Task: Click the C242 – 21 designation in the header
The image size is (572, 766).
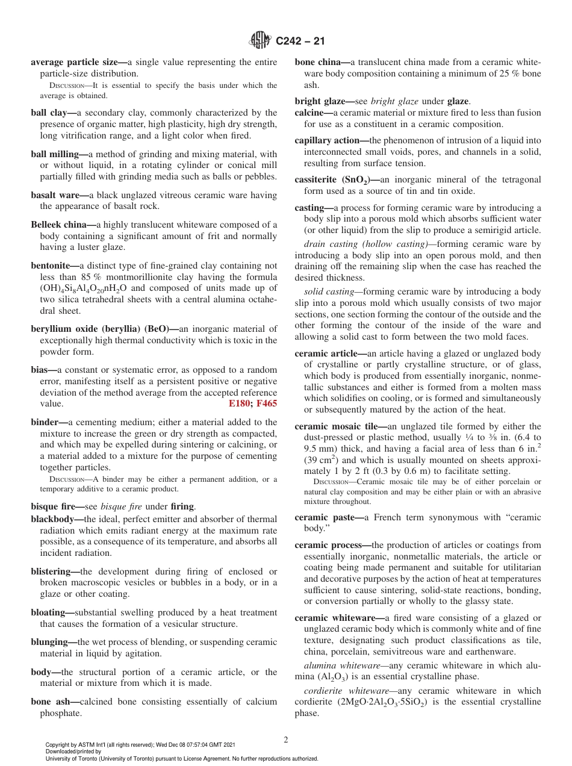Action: click(300, 41)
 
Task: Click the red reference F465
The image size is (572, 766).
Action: click(267, 404)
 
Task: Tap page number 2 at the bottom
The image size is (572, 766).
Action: click(286, 740)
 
